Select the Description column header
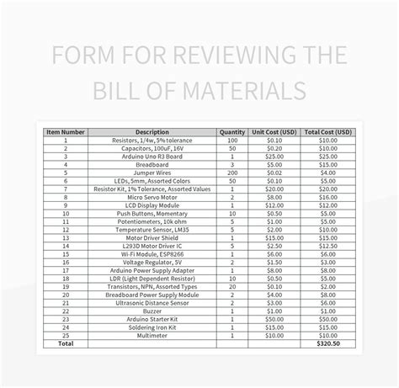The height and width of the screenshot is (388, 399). coord(152,132)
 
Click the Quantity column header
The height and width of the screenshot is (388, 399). coord(231,132)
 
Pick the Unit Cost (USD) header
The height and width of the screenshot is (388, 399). coord(274,132)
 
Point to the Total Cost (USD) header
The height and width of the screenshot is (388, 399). coord(329,132)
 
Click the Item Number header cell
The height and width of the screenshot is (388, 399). coord(65,132)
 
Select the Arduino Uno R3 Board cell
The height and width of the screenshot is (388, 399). coord(152,157)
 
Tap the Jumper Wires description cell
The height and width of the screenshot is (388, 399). coord(152,173)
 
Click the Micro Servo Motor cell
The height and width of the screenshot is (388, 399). coord(152,197)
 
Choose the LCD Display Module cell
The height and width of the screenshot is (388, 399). coord(152,205)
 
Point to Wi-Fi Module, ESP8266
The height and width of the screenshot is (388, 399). coord(152,253)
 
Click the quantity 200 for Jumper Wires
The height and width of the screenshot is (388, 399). coord(231,173)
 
